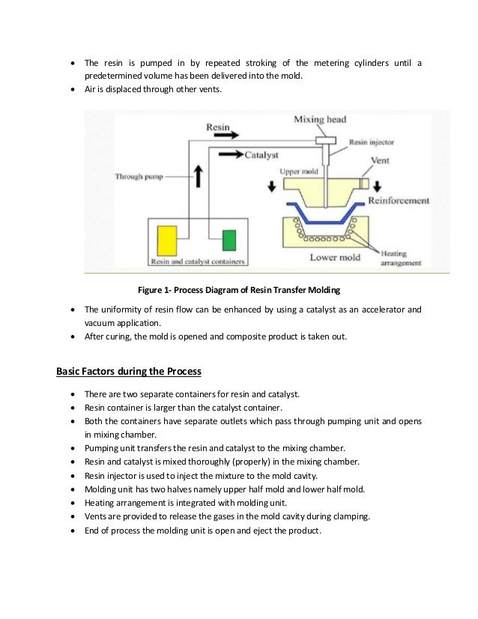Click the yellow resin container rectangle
[x=166, y=241]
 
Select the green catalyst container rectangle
[x=229, y=241]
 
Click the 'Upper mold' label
[x=299, y=171]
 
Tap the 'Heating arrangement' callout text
[x=402, y=259]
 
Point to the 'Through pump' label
[x=139, y=177]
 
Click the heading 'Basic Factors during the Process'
[x=129, y=371]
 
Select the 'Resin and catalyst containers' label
[x=198, y=262]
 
